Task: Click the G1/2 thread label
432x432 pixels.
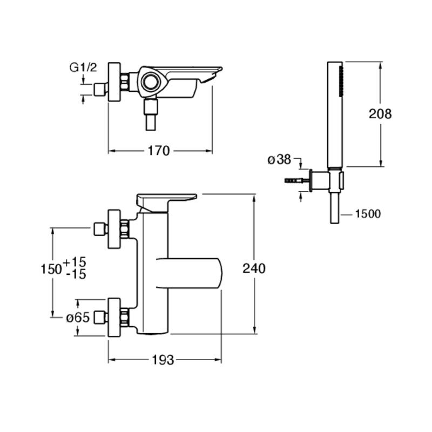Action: pyautogui.click(x=83, y=67)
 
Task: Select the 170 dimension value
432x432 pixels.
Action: pyautogui.click(x=159, y=151)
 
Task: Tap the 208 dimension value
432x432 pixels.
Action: pyautogui.click(x=380, y=113)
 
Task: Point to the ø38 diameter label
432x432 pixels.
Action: pyautogui.click(x=279, y=159)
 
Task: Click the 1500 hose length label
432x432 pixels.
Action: pyautogui.click(x=368, y=214)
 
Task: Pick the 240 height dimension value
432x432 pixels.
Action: pyautogui.click(x=254, y=268)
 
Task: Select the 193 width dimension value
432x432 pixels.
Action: pyautogui.click(x=163, y=360)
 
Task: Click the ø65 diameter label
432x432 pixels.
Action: pyautogui.click(x=78, y=318)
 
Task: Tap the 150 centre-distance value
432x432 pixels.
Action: pyautogui.click(x=51, y=269)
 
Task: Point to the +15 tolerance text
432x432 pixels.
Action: pyautogui.click(x=75, y=261)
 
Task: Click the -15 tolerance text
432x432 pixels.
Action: pyautogui.click(x=76, y=274)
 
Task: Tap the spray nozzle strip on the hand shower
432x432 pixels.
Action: pyautogui.click(x=341, y=82)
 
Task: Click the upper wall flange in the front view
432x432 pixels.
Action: pyautogui.click(x=114, y=229)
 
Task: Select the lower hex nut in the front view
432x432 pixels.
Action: pyautogui.click(x=125, y=317)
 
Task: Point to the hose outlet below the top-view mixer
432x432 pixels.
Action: pyautogui.click(x=151, y=114)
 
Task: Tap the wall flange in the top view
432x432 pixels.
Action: pyautogui.click(x=114, y=82)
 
